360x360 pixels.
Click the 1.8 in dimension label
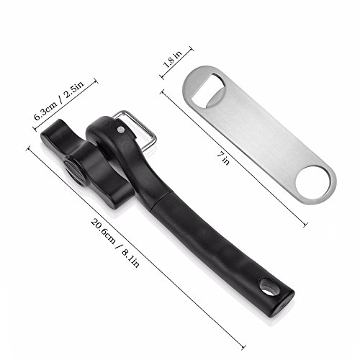point(173,59)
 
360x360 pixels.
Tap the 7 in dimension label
point(223,158)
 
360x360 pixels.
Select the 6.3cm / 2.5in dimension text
point(59,101)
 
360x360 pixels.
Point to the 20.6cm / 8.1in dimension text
point(115,243)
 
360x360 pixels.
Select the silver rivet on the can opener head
point(121,130)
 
